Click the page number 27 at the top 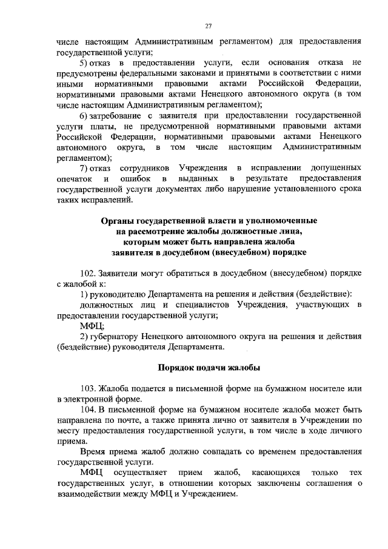208,25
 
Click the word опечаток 75,178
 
